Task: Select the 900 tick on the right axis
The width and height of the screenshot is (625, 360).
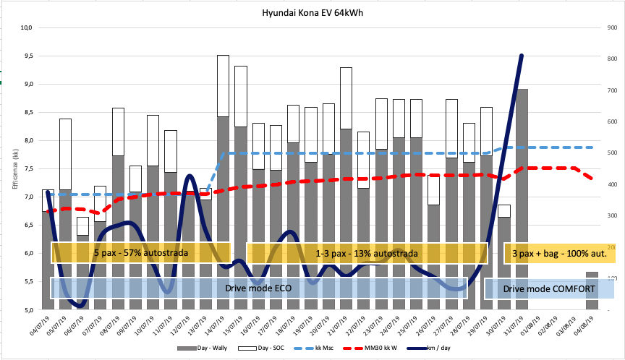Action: tap(611, 27)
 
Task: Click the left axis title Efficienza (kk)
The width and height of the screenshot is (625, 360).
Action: tap(13, 168)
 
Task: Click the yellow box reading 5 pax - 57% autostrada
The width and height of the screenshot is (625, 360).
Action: tap(141, 253)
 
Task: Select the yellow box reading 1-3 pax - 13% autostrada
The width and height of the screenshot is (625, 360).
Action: tap(367, 253)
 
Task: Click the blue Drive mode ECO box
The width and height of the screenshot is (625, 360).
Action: tap(258, 288)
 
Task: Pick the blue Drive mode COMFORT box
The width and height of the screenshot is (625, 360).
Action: tap(548, 288)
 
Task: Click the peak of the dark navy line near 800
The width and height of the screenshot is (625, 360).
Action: tap(522, 56)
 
